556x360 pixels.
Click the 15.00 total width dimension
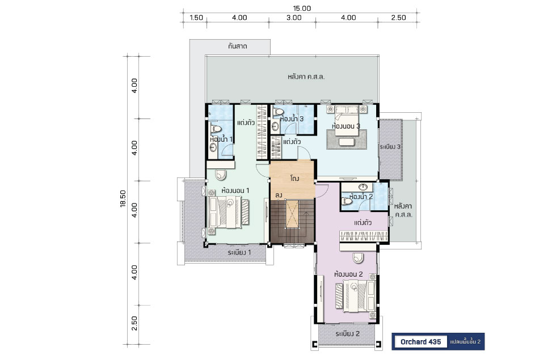click(302, 8)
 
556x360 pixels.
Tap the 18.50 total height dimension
click(123, 199)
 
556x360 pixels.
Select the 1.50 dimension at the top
click(196, 18)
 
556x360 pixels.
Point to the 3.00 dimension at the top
click(294, 18)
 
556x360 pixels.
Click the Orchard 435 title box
click(421, 341)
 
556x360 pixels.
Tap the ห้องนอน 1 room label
click(235, 190)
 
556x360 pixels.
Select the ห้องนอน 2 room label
click(348, 274)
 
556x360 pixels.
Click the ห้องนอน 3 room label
click(346, 126)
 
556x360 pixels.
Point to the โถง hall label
click(294, 178)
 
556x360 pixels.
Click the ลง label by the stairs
click(279, 195)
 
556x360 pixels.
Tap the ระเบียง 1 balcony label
click(239, 252)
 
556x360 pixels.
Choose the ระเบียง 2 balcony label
click(347, 334)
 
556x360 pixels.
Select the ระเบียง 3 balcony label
click(390, 147)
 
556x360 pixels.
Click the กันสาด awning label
click(238, 46)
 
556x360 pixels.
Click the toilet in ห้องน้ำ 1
click(215, 128)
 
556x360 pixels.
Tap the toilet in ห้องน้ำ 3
click(279, 111)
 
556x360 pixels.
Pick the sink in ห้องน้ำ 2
click(363, 187)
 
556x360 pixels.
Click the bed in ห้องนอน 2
click(356, 296)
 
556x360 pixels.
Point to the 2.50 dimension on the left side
click(134, 323)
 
